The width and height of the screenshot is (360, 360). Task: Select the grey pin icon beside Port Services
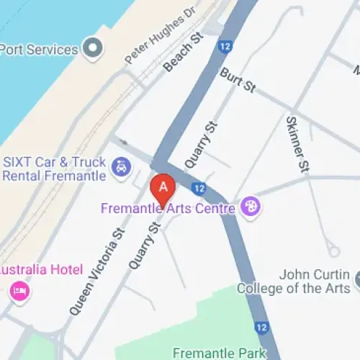[92, 49]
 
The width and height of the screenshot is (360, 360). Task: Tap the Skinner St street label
[297, 144]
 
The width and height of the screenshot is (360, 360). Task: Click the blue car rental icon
[121, 169]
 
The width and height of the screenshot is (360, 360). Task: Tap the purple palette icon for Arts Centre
[251, 207]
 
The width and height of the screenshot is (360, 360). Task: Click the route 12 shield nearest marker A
[199, 188]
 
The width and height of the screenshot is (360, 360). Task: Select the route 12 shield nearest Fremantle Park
[261, 328]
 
